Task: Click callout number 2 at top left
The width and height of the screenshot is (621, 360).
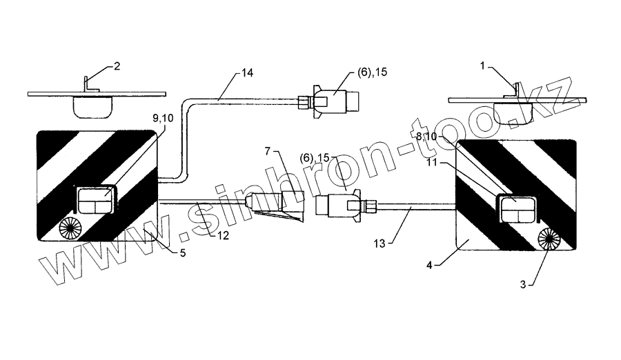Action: (x=117, y=66)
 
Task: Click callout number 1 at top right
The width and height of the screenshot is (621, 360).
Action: (x=483, y=66)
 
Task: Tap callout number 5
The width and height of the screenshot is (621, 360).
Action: (x=182, y=253)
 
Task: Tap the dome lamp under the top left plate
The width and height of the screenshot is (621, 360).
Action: (x=92, y=106)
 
